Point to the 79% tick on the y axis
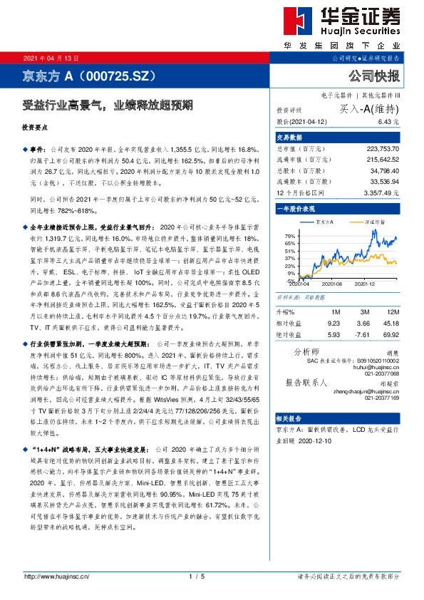(289, 234)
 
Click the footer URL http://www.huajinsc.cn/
(56, 576)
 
